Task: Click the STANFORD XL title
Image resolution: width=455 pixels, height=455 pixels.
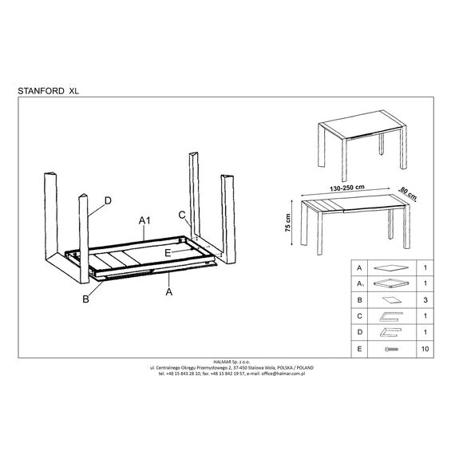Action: (x=48, y=91)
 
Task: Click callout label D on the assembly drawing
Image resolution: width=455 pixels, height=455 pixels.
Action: (x=108, y=200)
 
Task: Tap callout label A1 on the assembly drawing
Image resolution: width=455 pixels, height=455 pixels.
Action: (x=144, y=221)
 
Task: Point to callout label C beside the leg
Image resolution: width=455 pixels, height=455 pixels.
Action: (x=182, y=215)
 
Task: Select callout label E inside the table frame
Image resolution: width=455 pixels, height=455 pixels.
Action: (x=168, y=253)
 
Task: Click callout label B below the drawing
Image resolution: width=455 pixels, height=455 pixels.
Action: (x=85, y=299)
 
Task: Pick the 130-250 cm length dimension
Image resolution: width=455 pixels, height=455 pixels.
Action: (x=347, y=188)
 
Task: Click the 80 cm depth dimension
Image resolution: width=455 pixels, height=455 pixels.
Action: (x=409, y=193)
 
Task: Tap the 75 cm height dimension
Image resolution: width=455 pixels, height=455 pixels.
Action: (x=288, y=223)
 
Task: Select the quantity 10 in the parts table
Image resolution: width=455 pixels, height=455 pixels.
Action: (x=425, y=349)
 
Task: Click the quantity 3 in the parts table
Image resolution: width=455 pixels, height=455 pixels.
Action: (x=425, y=300)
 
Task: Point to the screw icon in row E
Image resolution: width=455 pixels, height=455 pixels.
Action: (x=391, y=349)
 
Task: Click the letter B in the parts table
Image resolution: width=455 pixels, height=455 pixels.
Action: (x=359, y=300)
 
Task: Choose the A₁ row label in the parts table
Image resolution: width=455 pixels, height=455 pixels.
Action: (x=360, y=283)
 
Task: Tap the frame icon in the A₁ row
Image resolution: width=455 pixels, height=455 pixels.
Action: (x=391, y=283)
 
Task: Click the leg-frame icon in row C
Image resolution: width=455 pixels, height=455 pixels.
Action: (x=391, y=317)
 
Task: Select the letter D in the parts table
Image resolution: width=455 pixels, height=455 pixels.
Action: (x=360, y=332)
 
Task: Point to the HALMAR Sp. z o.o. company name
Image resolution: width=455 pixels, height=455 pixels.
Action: (x=231, y=362)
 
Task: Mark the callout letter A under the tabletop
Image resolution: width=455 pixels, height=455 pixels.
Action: (x=169, y=291)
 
